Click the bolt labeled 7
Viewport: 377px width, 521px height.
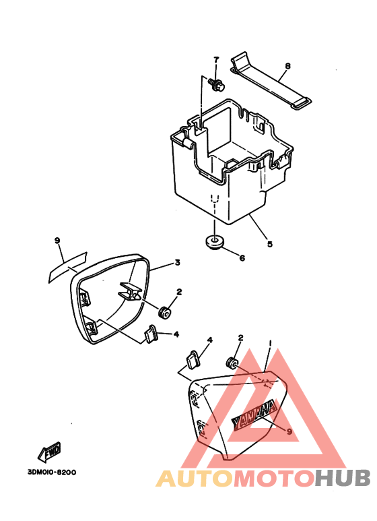point(216,84)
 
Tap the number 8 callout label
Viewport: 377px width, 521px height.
point(287,66)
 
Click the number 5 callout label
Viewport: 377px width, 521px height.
point(270,244)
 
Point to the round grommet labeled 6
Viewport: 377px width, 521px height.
point(213,241)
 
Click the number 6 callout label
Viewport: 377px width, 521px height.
point(242,257)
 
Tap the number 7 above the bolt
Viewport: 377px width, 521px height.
point(216,60)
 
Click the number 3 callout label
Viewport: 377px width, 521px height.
point(178,262)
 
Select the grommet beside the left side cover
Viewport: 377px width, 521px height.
point(165,313)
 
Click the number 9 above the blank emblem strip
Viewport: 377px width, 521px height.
point(57,240)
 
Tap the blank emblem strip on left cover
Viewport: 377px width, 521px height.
point(67,267)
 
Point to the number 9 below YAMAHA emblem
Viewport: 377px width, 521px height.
point(289,431)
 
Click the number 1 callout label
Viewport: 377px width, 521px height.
point(271,343)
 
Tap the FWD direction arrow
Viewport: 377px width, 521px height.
point(50,452)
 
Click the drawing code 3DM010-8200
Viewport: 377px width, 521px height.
point(51,472)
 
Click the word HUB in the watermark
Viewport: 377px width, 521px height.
point(343,479)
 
